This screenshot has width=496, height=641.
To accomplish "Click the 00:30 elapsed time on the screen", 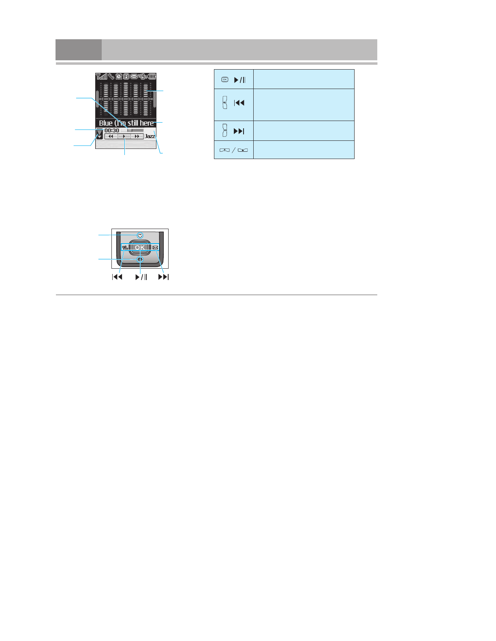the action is [x=112, y=131].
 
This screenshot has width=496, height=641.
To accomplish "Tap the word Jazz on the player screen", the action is [x=150, y=136].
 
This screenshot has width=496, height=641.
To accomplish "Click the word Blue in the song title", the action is [x=106, y=123].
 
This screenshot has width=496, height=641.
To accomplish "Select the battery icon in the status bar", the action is [x=152, y=76].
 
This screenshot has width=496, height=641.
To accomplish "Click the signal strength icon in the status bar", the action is [x=101, y=76].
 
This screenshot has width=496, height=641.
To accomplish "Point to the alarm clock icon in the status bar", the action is [x=119, y=76].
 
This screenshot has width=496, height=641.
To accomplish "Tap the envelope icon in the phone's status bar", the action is [x=134, y=76].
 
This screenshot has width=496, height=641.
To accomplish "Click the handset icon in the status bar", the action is [x=111, y=76].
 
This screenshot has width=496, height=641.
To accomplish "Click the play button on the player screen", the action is [x=124, y=137].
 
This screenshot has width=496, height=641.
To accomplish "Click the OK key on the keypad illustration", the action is [x=140, y=247].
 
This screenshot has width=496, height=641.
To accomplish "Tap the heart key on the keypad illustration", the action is [x=140, y=235].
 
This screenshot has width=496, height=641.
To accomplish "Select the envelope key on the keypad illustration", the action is [x=155, y=248].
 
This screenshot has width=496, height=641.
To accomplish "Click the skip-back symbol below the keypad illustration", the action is [x=117, y=277].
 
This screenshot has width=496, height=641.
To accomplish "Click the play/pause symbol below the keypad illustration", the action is [x=141, y=277].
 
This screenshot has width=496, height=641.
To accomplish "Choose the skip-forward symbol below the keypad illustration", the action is [x=164, y=277].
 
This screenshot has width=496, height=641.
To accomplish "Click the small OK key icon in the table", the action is [x=225, y=80].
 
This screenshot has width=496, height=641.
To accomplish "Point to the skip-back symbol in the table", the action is [x=239, y=103].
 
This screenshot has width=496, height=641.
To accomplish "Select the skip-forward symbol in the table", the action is [x=239, y=131].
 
